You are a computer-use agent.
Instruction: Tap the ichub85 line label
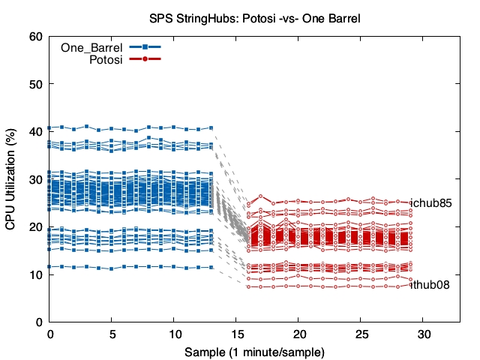pyautogui.click(x=431, y=202)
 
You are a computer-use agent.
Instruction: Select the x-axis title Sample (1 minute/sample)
pyautogui.click(x=255, y=350)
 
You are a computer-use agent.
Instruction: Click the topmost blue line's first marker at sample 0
pyautogui.click(x=49, y=127)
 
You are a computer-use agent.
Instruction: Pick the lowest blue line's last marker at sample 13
pyautogui.click(x=211, y=267)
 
